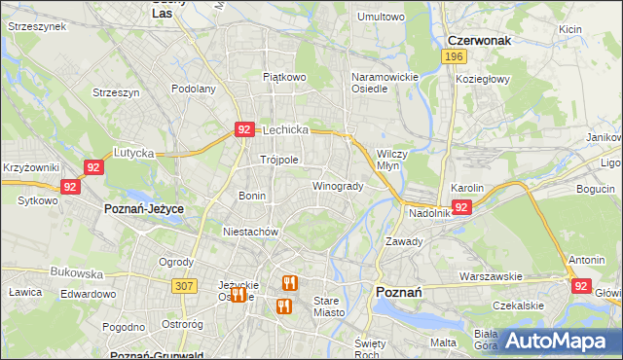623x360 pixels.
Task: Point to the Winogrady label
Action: coord(338,186)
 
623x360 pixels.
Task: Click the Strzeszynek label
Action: coord(36,27)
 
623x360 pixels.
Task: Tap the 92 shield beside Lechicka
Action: coord(244,128)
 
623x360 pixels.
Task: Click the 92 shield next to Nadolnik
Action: coord(461,207)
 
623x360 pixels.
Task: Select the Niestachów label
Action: coord(251,233)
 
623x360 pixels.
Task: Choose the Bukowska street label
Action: coord(73,274)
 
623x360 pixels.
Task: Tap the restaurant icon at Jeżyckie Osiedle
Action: coord(238,293)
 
